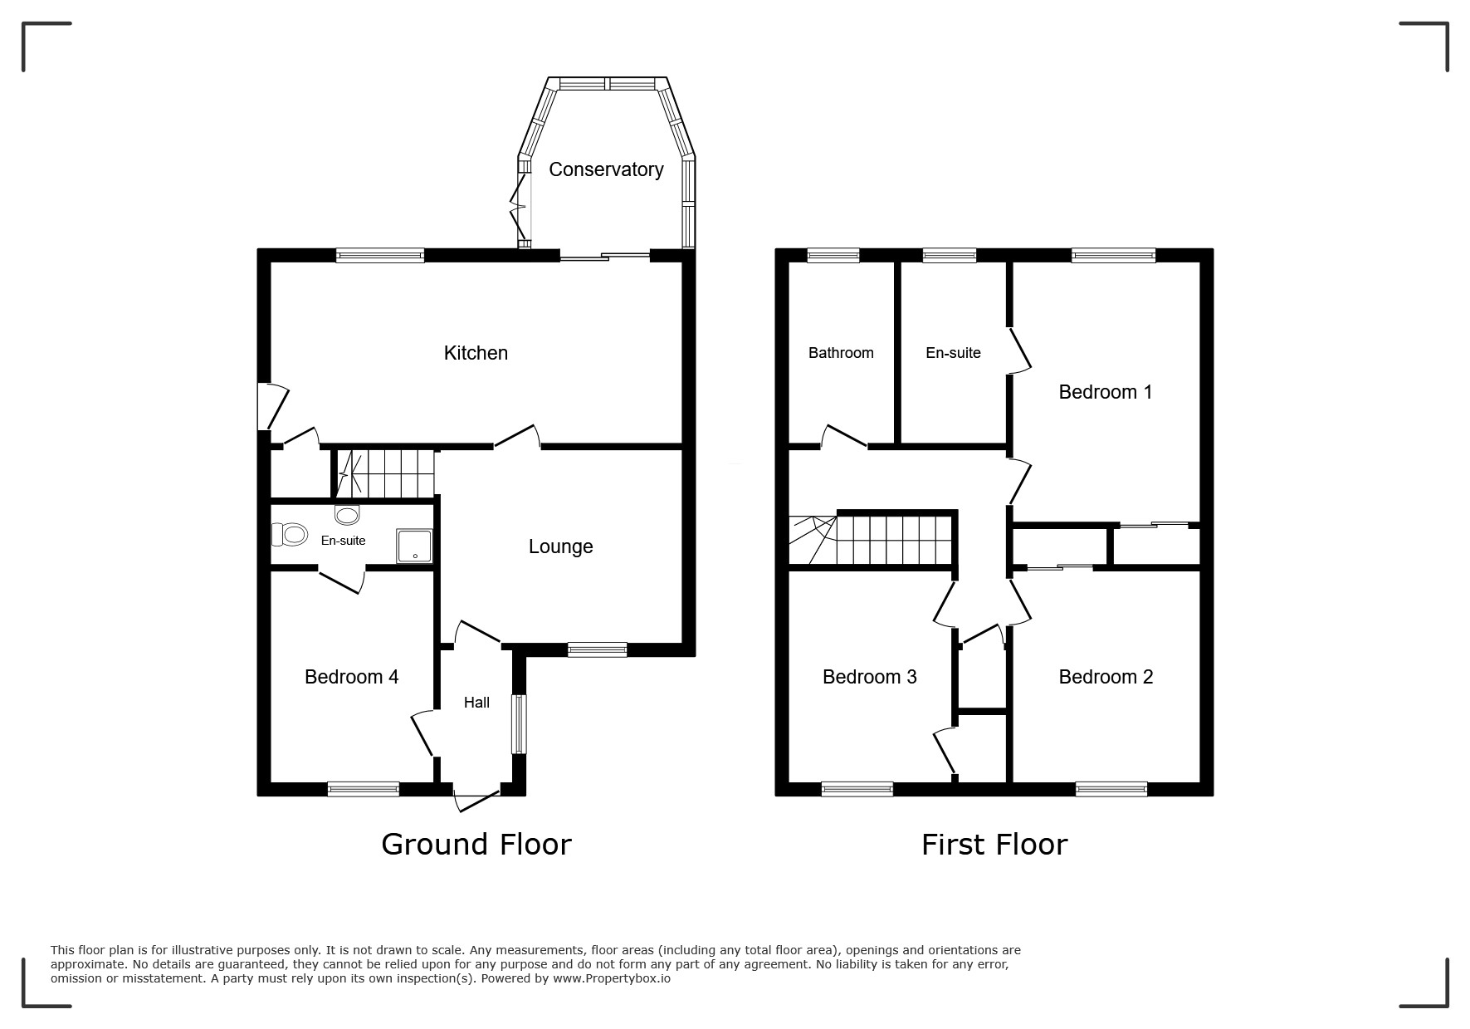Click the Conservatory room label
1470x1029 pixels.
pyautogui.click(x=606, y=169)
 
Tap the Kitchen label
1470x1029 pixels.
pyautogui.click(x=476, y=353)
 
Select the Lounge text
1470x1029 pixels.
pyautogui.click(x=561, y=546)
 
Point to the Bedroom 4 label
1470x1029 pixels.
pyautogui.click(x=351, y=677)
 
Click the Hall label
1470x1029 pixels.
pyautogui.click(x=476, y=703)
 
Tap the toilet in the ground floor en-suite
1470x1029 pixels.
pyautogui.click(x=289, y=534)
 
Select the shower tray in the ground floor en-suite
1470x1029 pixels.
pyautogui.click(x=414, y=545)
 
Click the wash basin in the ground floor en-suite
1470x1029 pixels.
pyautogui.click(x=347, y=514)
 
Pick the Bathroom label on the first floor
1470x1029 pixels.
pyautogui.click(x=841, y=353)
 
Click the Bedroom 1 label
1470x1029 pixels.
pyautogui.click(x=1106, y=392)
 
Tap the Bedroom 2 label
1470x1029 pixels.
pyautogui.click(x=1106, y=677)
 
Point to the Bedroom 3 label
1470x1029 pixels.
pyautogui.click(x=869, y=677)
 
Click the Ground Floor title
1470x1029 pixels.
pyautogui.click(x=476, y=845)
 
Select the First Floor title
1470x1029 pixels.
pyautogui.click(x=994, y=845)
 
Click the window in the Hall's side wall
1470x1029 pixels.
pyautogui.click(x=519, y=723)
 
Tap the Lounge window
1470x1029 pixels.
pyautogui.click(x=598, y=649)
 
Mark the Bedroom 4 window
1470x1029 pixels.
pyautogui.click(x=364, y=789)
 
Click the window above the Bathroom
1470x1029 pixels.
pyautogui.click(x=833, y=255)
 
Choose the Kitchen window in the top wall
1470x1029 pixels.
pyautogui.click(x=380, y=255)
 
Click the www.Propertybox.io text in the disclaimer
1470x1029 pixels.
pyautogui.click(x=612, y=978)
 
